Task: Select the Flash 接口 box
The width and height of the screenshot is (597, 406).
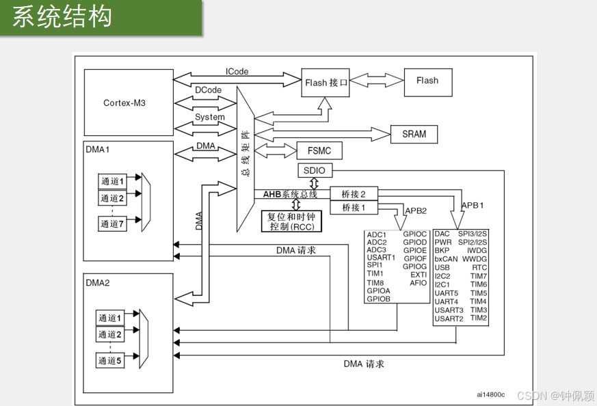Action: [327, 83]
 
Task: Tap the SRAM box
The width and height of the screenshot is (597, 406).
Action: [414, 134]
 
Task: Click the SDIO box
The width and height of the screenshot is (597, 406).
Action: [315, 170]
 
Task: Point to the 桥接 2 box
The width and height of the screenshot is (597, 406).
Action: [354, 194]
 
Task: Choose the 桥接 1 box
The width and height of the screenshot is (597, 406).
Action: [354, 207]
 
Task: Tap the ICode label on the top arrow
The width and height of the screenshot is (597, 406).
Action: [237, 71]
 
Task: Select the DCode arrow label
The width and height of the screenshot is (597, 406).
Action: [208, 90]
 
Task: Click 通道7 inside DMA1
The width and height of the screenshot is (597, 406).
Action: [113, 224]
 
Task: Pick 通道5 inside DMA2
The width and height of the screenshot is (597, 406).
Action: [110, 360]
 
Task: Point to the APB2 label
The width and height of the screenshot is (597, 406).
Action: [416, 211]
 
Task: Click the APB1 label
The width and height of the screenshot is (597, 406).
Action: [473, 204]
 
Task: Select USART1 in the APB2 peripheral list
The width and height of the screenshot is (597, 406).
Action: [381, 258]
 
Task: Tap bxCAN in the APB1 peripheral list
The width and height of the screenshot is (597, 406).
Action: [446, 259]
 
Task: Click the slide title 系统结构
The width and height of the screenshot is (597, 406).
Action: [62, 17]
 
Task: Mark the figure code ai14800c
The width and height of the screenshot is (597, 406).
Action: [490, 394]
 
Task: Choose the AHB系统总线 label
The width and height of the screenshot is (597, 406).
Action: [291, 194]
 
